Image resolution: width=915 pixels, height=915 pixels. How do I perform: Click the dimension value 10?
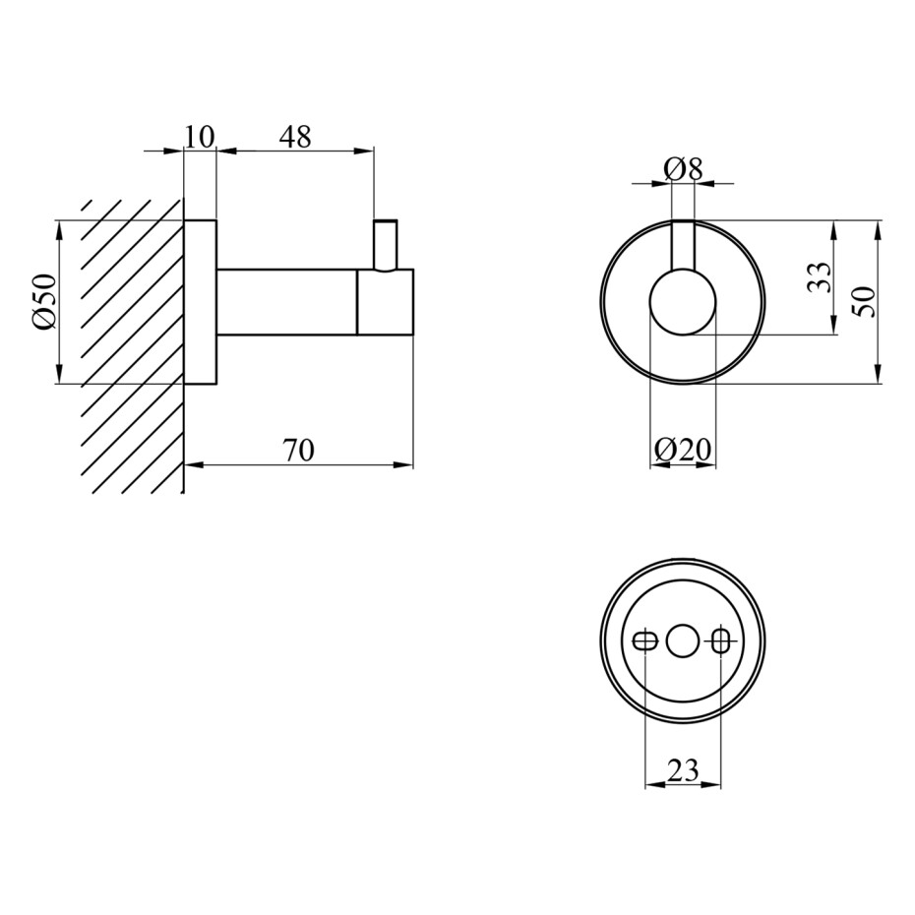(x=200, y=137)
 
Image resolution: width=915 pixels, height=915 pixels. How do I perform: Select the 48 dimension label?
(x=295, y=137)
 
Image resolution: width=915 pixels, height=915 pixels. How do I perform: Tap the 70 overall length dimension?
(x=299, y=451)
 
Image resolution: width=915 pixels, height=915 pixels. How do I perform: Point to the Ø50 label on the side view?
(x=46, y=302)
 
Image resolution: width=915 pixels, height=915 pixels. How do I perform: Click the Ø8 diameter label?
(x=684, y=170)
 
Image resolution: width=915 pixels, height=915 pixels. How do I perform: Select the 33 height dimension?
(x=819, y=277)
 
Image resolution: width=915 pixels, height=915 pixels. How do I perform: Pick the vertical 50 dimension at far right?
(x=865, y=302)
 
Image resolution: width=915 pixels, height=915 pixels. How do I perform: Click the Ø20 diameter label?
(x=683, y=450)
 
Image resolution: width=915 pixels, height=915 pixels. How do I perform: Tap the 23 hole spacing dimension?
(x=683, y=770)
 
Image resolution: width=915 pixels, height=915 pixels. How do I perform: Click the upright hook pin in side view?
(x=386, y=245)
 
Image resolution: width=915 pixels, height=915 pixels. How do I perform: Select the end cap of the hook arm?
(x=385, y=302)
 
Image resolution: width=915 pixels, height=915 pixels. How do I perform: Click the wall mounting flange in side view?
(x=200, y=302)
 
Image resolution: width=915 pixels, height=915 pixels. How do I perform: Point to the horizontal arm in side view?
(x=287, y=302)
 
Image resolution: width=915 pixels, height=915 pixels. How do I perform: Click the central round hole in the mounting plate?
(x=683, y=641)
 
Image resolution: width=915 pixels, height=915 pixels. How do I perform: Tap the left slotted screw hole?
(x=644, y=641)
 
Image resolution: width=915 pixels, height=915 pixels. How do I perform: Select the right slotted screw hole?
(x=721, y=641)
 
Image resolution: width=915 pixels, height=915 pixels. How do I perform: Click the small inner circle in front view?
(x=683, y=302)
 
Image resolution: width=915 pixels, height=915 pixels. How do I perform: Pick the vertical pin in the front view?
(x=684, y=246)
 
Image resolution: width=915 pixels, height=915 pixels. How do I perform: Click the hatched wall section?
(x=132, y=347)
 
